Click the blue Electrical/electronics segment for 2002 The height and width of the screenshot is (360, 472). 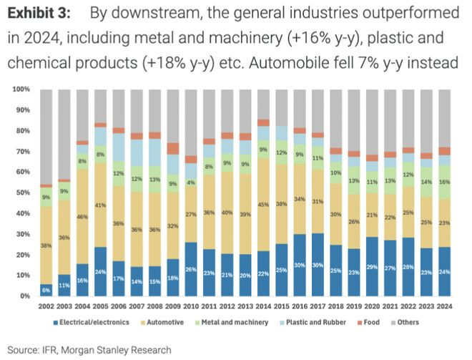pyautogui.click(x=46, y=290)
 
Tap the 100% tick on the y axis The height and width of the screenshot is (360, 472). pyautogui.click(x=20, y=89)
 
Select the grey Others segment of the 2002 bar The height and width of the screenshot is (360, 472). pyautogui.click(x=46, y=136)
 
